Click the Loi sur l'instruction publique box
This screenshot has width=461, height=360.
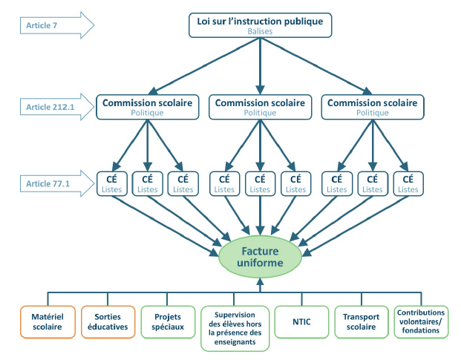(x=259, y=25)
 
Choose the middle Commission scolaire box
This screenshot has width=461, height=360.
(x=259, y=107)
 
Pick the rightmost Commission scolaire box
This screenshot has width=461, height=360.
(x=372, y=107)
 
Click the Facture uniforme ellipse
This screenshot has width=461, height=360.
(x=260, y=255)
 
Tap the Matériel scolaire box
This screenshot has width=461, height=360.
(x=48, y=321)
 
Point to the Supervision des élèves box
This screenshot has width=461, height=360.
(x=235, y=327)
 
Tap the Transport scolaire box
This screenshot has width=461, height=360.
(x=361, y=321)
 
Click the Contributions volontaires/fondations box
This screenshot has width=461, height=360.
(x=421, y=321)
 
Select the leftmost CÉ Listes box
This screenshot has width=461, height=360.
(x=111, y=184)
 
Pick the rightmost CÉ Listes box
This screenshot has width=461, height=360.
(x=408, y=184)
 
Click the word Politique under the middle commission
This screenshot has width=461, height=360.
(x=259, y=113)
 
